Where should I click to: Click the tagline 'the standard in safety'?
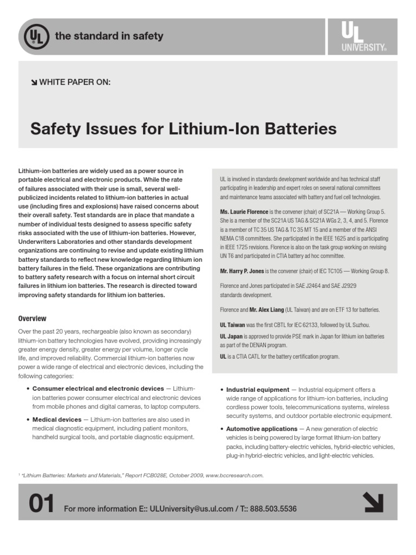click(x=108, y=37)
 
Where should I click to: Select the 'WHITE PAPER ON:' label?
click(x=75, y=82)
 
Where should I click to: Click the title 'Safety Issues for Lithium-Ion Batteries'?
click(x=183, y=129)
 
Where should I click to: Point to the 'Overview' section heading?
click(x=32, y=319)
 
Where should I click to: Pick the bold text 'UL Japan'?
click(x=232, y=337)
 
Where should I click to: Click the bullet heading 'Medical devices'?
click(x=57, y=420)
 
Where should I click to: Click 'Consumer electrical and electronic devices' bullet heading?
click(x=98, y=389)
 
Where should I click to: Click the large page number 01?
click(x=41, y=505)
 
